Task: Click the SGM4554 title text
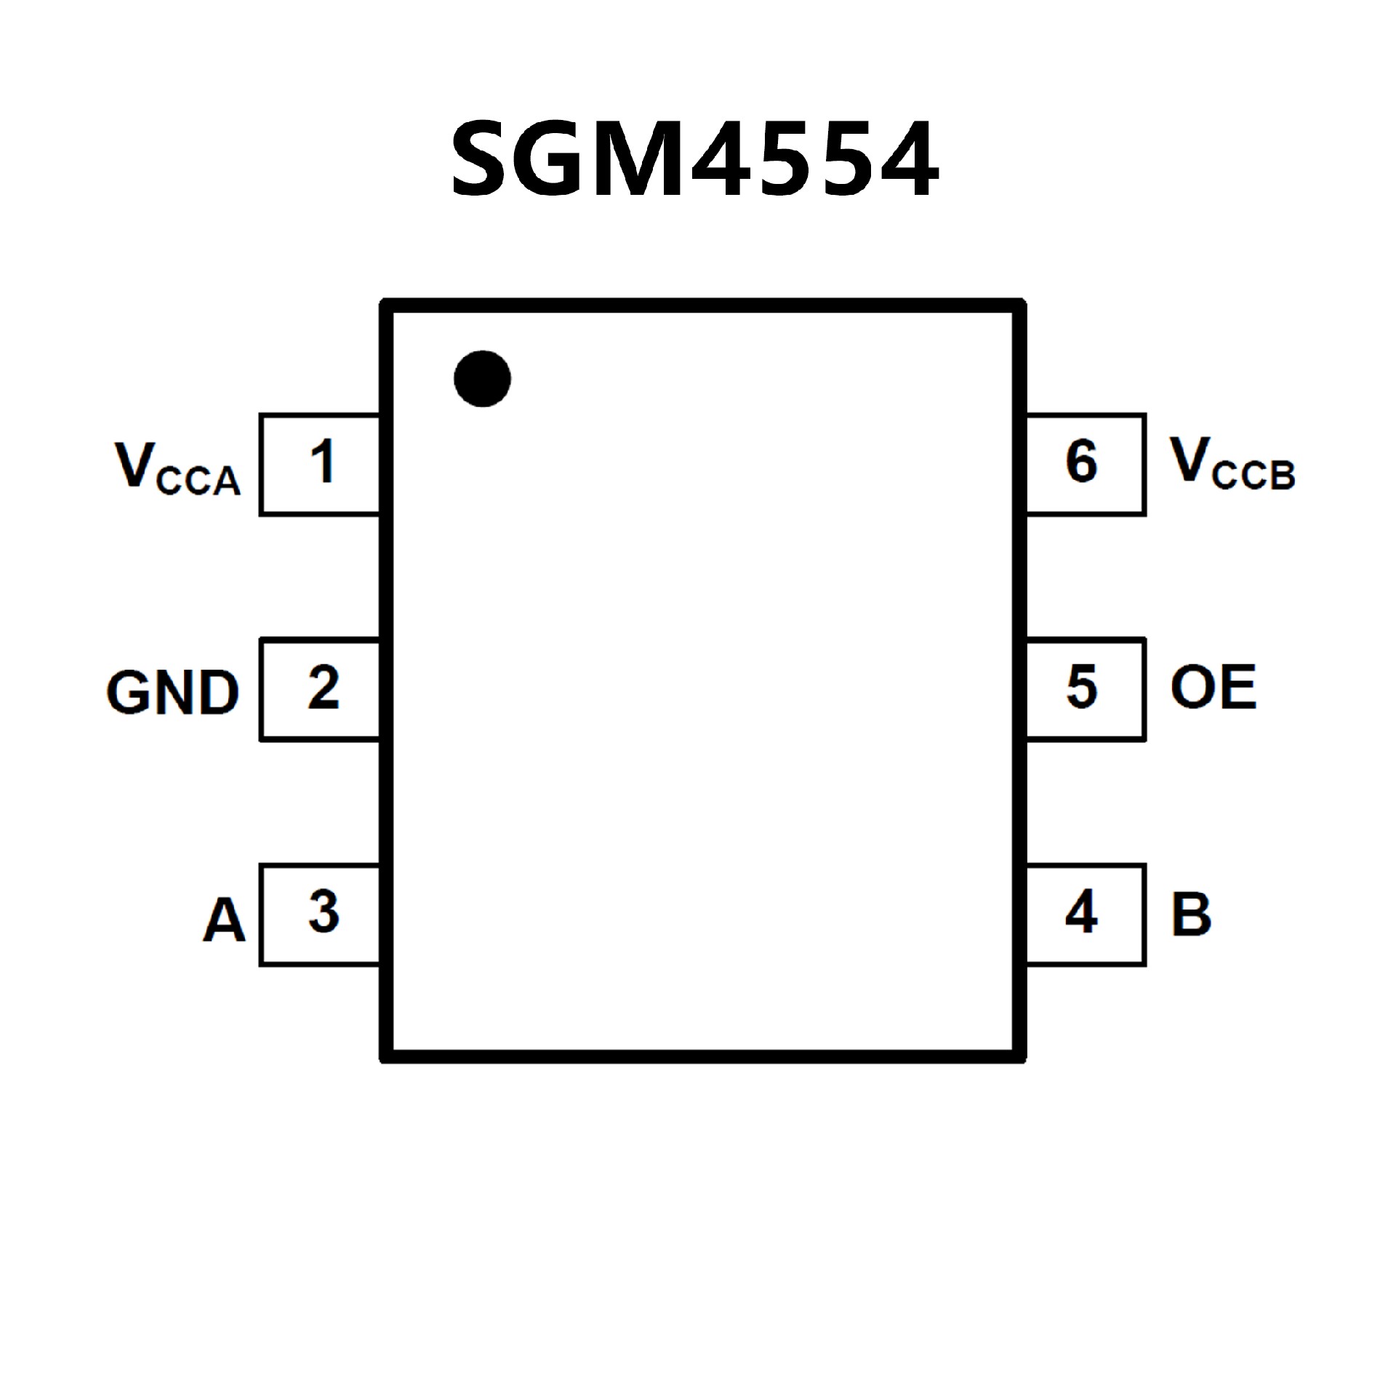(x=695, y=159)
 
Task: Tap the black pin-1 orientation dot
(x=482, y=378)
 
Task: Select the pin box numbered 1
(x=320, y=465)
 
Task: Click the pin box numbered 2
(x=320, y=689)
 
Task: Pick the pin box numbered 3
(x=320, y=915)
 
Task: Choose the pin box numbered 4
(x=1086, y=915)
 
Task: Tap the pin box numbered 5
(x=1086, y=689)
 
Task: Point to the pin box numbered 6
(x=1086, y=465)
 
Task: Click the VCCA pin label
(x=177, y=468)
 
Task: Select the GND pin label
(x=172, y=691)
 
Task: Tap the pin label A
(x=223, y=920)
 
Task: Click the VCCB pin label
(x=1232, y=463)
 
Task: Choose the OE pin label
(x=1213, y=687)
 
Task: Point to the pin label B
(x=1191, y=914)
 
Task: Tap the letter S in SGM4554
(x=480, y=159)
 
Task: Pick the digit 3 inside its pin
(x=324, y=912)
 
